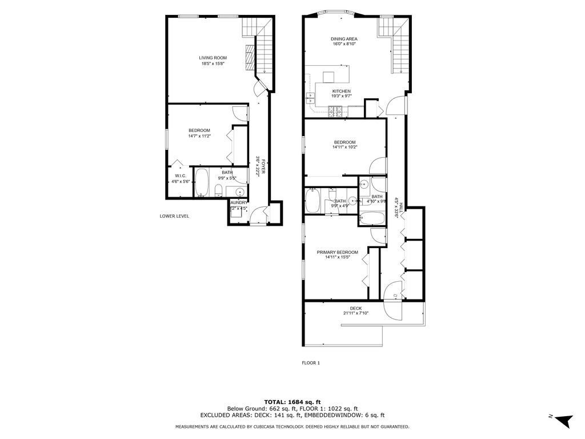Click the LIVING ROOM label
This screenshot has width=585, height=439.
pos(213,58)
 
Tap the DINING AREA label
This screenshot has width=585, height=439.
pos(344,39)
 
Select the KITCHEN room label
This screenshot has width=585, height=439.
pos(342,91)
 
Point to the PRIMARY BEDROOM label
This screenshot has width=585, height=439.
pos(338,252)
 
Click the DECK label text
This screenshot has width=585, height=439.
pos(356,308)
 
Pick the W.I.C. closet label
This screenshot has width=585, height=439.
pos(180,175)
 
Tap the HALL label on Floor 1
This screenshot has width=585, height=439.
pos(402,208)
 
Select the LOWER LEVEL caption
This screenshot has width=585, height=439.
pos(174,216)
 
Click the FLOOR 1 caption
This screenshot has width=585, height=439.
pos(311,362)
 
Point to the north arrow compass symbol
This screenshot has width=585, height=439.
pos(563,420)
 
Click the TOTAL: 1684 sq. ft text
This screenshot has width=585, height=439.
pos(292,401)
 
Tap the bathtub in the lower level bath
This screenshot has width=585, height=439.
pos(202,182)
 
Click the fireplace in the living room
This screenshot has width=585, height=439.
pos(249,57)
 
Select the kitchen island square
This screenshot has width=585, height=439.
pos(328,77)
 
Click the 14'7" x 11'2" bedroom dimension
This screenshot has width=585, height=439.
pos(199,136)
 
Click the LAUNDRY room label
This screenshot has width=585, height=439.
pos(238,202)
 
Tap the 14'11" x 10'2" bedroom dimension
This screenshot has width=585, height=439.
pos(344,147)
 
